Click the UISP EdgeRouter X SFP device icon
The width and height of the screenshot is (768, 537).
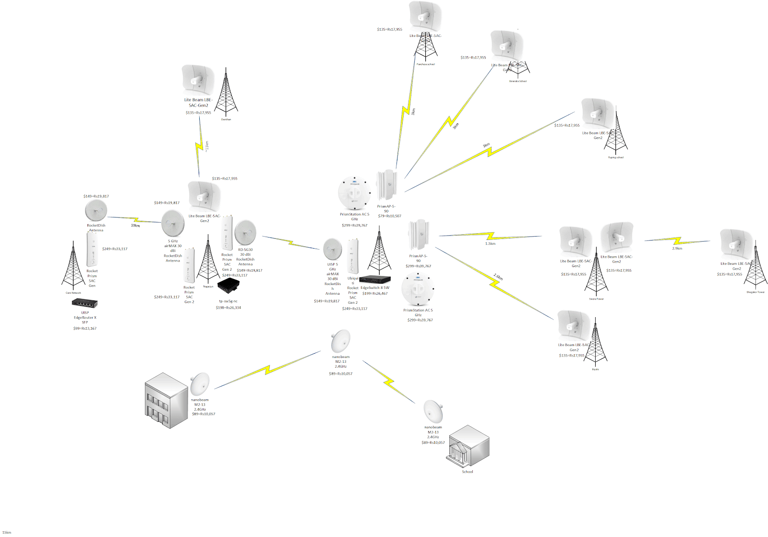tap(84, 303)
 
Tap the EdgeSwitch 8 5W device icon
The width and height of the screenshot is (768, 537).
tap(375, 279)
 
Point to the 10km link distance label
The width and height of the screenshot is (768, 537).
tap(135, 225)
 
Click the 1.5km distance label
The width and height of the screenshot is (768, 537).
tap(490, 244)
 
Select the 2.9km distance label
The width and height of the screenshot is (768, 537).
tap(677, 249)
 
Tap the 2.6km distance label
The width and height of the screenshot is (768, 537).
tap(498, 277)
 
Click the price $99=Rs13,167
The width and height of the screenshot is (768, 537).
tap(84, 328)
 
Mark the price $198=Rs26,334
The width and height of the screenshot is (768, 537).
tap(228, 308)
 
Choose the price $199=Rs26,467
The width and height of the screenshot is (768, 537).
tap(375, 293)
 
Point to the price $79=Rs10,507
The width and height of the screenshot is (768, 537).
tap(389, 216)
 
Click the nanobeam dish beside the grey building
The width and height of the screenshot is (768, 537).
tap(199, 384)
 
